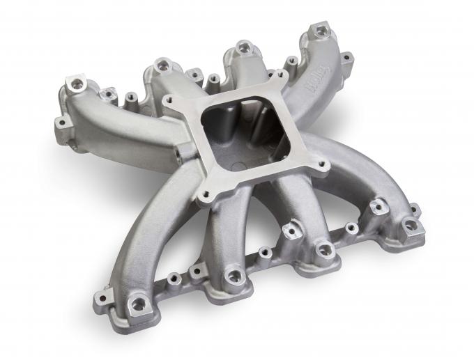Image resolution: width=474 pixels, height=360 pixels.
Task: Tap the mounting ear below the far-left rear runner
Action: (61, 123)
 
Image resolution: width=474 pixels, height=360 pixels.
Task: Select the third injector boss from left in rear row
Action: (244, 47)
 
